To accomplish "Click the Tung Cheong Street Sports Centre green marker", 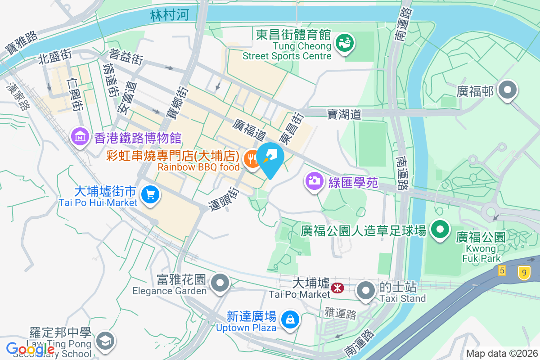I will coord(346,43).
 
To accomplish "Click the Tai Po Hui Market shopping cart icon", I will coord(149,195).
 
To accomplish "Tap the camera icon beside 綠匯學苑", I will coord(315,181).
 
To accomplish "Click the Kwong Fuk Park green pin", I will coord(441,229).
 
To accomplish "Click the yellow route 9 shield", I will coord(523,272).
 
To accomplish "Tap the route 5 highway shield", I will coord(502,270).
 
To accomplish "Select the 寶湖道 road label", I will coord(344,115).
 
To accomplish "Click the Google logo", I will coord(30,349).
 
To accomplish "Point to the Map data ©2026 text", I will coord(502,353).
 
